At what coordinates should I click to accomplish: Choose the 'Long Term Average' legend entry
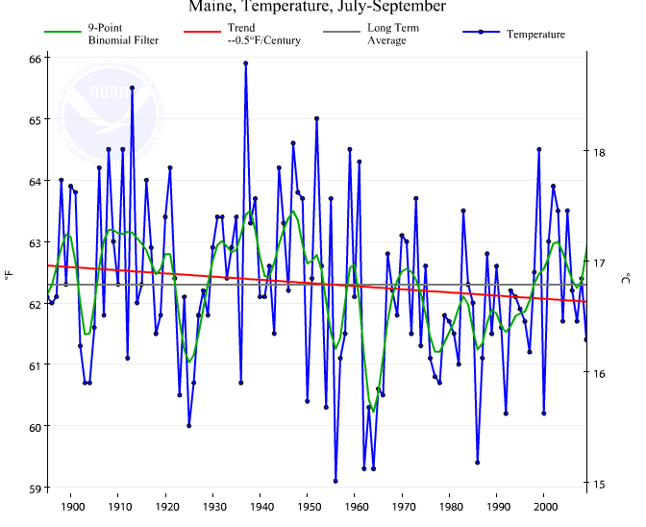point(394,34)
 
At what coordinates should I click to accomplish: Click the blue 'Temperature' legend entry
point(535,35)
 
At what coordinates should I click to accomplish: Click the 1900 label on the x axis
point(71,506)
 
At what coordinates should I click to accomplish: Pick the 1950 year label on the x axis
point(308,506)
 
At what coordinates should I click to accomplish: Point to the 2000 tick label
point(544,506)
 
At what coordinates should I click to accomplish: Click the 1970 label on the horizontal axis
point(403,506)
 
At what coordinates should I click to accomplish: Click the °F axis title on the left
point(9,277)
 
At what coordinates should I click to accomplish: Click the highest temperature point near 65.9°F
point(246,63)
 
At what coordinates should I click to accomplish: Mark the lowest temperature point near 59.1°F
point(335,481)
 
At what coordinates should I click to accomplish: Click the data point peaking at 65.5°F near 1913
point(132,88)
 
